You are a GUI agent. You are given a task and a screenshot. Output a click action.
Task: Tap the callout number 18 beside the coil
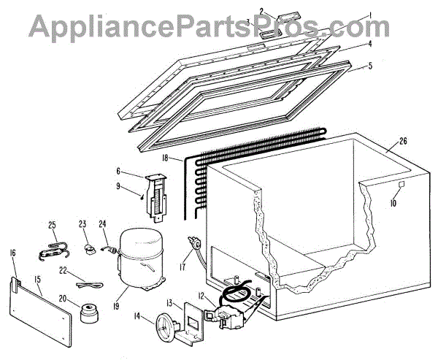(166, 158)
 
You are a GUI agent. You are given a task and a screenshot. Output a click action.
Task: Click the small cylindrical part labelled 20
(90, 313)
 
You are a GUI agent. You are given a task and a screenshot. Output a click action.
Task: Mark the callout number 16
(12, 253)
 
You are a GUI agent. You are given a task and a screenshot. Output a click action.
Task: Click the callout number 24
(103, 224)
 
